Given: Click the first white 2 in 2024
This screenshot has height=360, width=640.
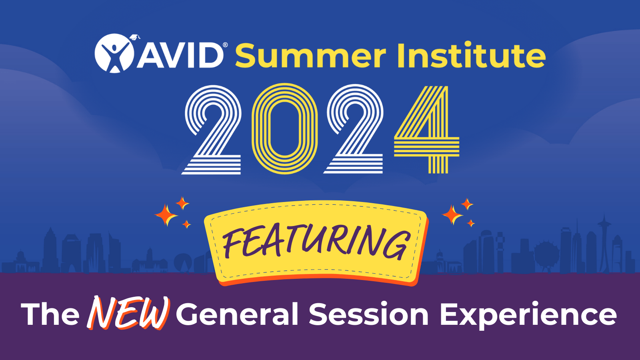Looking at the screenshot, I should [213, 130].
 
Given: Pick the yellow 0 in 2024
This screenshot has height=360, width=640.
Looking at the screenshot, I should [284, 129].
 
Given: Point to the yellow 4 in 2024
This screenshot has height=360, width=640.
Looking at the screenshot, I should [428, 130].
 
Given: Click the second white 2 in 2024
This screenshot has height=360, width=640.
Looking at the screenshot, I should [354, 130].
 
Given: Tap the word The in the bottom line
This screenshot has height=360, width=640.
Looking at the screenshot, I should [50, 314].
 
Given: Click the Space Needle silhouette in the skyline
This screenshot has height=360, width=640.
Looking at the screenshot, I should [604, 240].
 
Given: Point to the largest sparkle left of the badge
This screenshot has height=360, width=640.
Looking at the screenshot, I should [166, 215].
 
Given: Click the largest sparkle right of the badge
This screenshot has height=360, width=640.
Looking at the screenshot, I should [452, 215].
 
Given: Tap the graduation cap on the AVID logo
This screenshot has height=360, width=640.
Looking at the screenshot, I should [135, 37].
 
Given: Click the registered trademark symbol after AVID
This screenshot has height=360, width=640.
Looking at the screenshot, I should [225, 45].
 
